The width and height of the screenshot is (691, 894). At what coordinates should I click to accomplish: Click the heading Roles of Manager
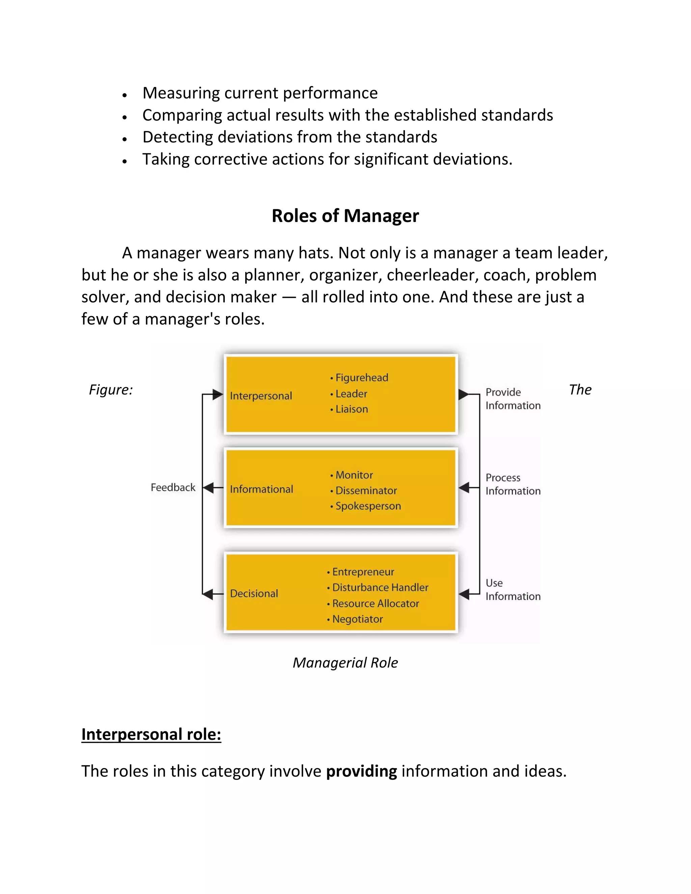point(345,216)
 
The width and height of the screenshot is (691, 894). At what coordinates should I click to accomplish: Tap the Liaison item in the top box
point(351,409)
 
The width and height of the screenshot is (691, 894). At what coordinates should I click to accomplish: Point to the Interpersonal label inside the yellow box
point(261,396)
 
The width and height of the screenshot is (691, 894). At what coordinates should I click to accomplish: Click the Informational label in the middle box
point(261,489)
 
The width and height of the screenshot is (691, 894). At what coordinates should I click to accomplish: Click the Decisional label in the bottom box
point(254,593)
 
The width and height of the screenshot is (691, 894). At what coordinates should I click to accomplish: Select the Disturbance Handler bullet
point(380,587)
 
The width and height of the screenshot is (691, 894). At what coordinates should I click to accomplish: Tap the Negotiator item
point(357,619)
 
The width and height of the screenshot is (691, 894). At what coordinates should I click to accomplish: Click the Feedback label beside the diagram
point(173,487)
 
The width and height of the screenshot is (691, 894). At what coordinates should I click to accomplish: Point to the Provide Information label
point(513,399)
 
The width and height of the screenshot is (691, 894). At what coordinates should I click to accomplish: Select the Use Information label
point(513,589)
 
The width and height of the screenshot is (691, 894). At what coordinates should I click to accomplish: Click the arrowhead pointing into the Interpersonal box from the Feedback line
point(217,395)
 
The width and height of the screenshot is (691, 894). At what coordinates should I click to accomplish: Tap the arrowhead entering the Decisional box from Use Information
point(464,594)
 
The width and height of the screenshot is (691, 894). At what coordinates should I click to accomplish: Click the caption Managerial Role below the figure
point(345,662)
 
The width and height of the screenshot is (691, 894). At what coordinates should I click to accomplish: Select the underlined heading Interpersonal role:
point(151,734)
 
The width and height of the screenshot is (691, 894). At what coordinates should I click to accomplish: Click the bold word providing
point(361,771)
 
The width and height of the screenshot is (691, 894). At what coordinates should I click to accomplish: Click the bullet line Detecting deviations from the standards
point(289,137)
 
